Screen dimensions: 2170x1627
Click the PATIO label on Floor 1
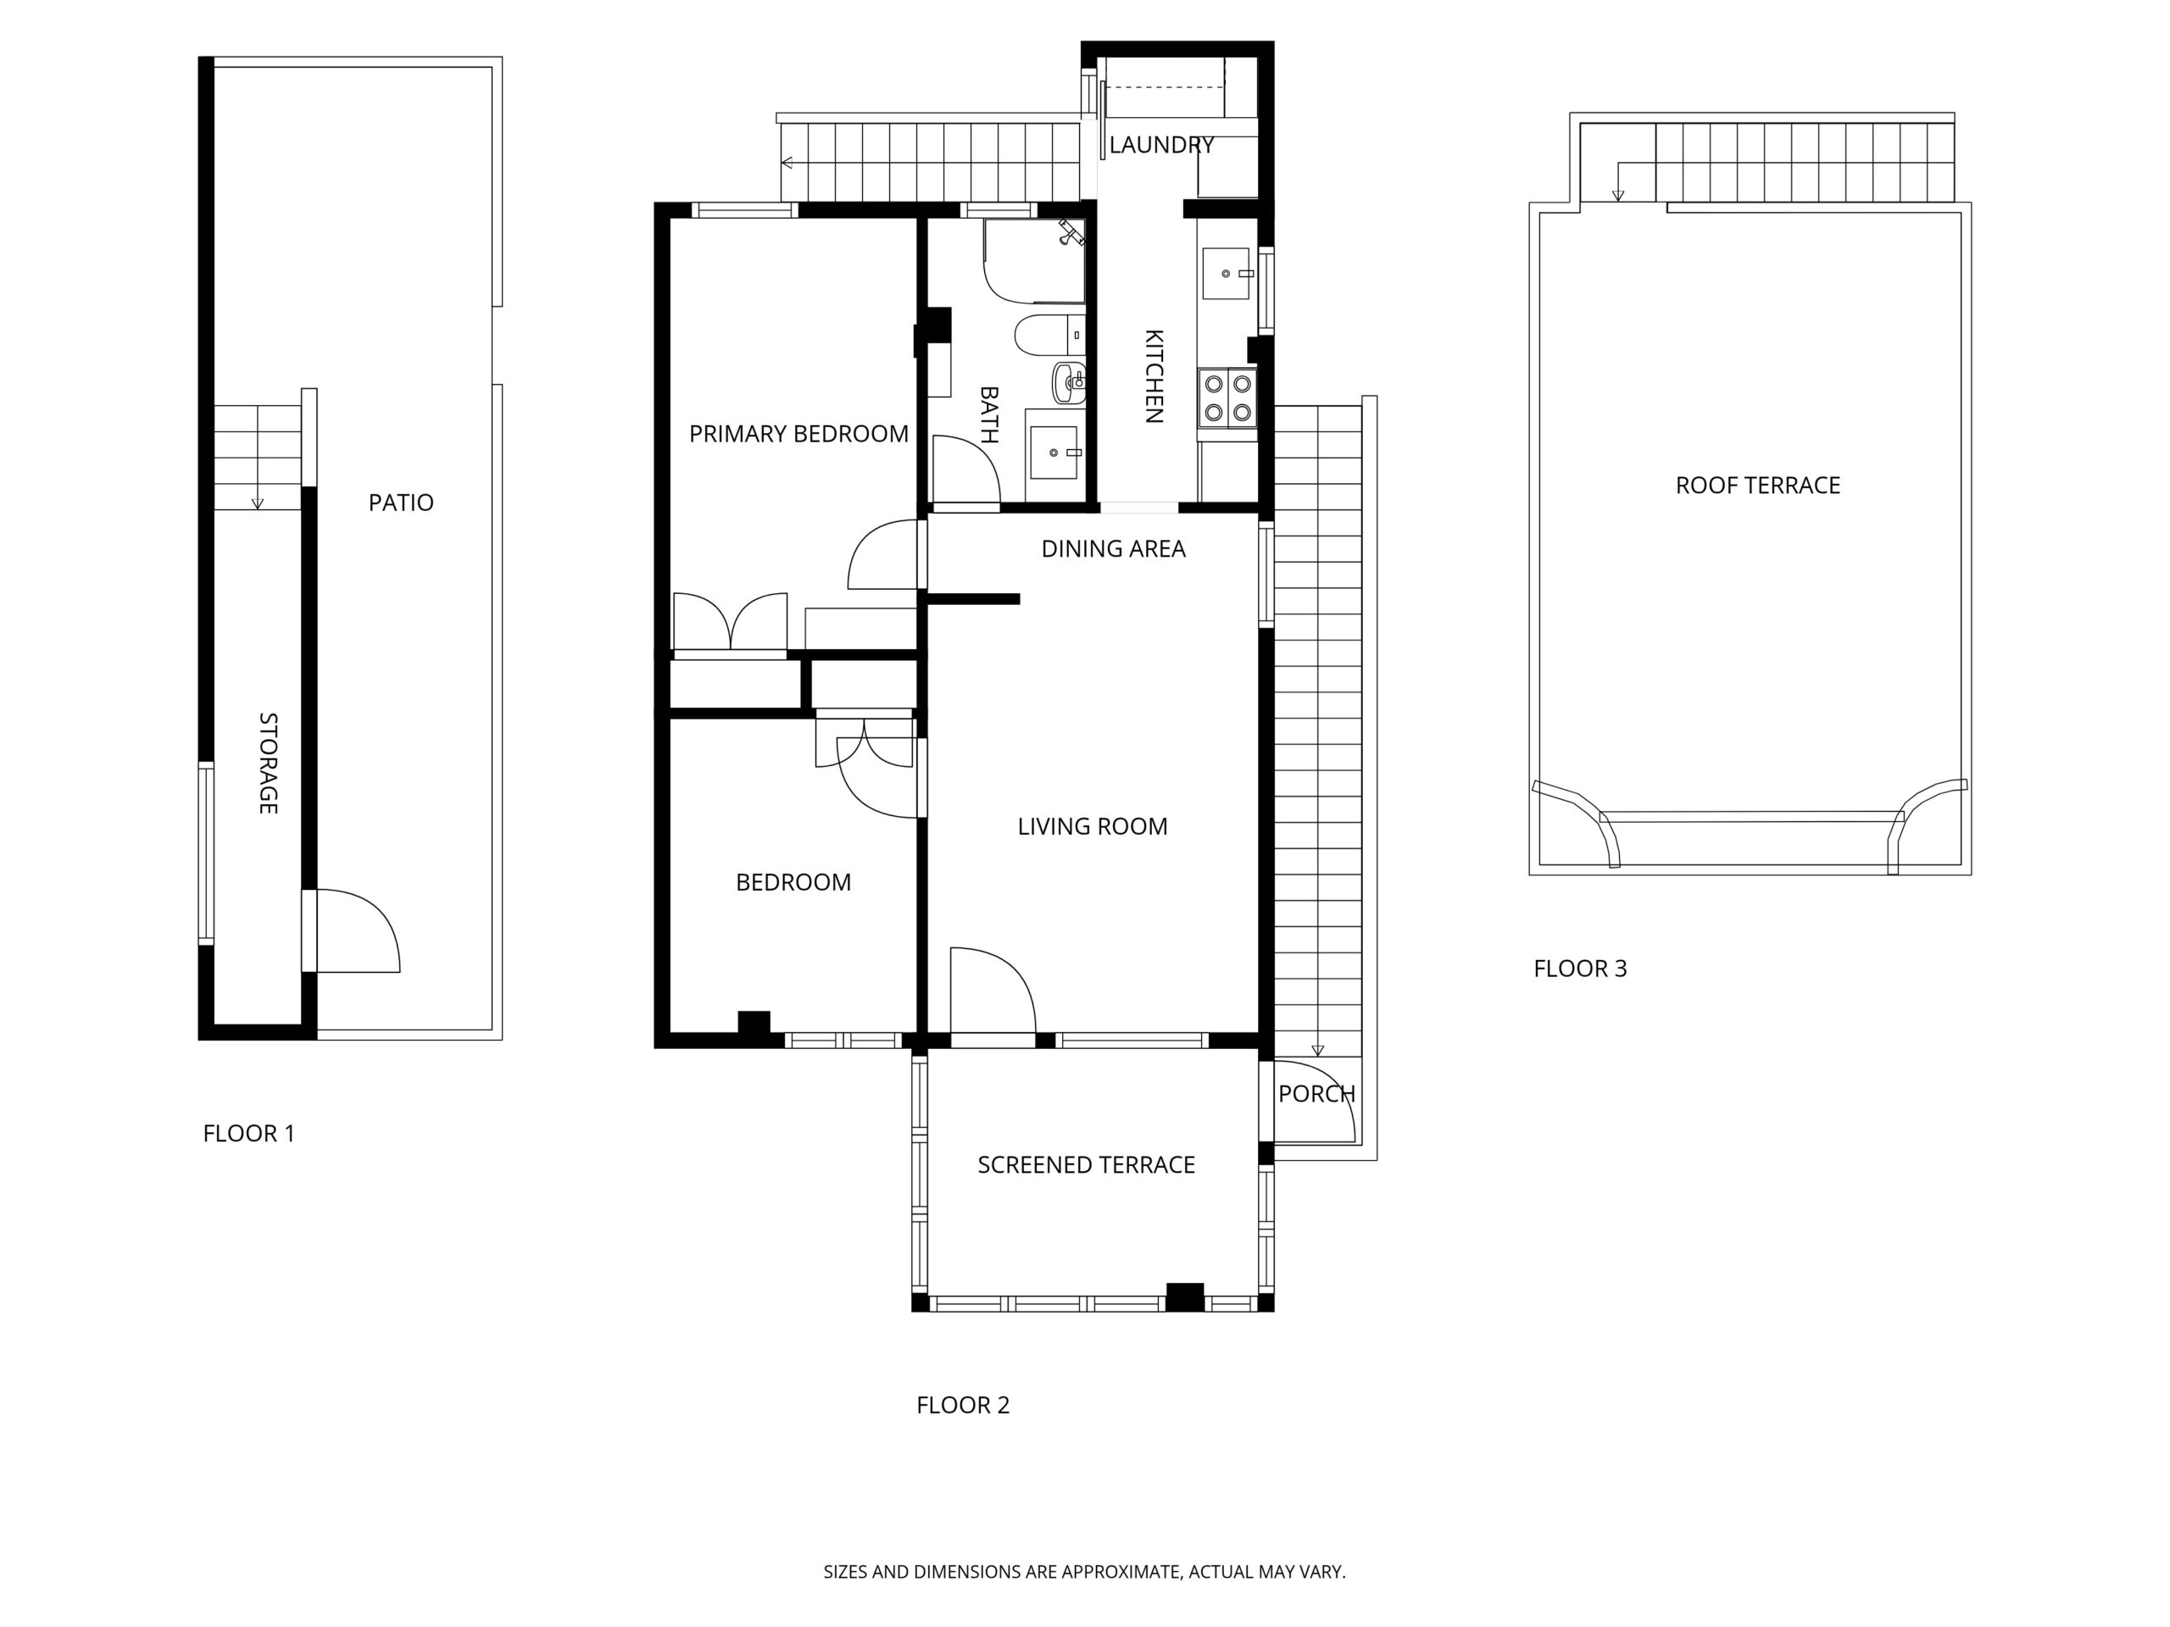[400, 503]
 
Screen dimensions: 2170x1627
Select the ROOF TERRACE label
[1757, 485]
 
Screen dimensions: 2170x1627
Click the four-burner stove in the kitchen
[1227, 398]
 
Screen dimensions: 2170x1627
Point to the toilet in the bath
[1049, 336]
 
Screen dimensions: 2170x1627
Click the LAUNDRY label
[1161, 145]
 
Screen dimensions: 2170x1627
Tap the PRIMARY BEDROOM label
[798, 434]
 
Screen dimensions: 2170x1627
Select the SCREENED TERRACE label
[1086, 1164]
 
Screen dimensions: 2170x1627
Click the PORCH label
[1316, 1093]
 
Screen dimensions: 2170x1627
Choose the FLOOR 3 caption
[1579, 968]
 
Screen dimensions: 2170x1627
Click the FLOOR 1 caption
[248, 1133]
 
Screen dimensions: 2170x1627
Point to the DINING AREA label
[1114, 548]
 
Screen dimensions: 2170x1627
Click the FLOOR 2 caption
[962, 1404]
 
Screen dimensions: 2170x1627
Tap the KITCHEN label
[1155, 375]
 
